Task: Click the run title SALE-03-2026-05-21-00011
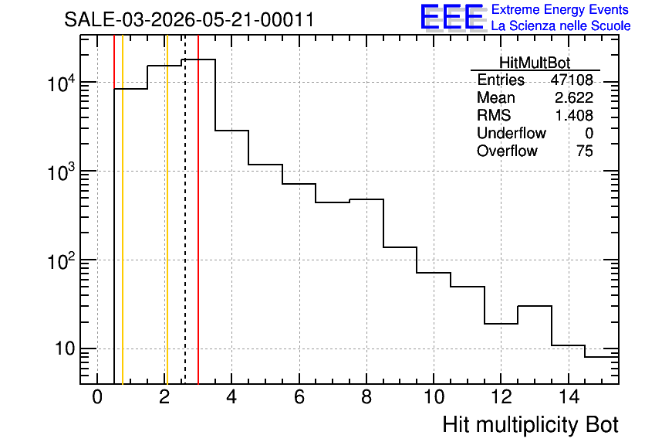coord(189,20)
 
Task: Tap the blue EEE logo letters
coord(451,17)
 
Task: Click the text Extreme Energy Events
coord(560,9)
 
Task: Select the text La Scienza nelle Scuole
coord(561,26)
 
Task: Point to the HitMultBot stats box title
coord(535,63)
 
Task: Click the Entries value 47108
coord(572,80)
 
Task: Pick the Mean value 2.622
coord(574,97)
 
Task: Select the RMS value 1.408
coord(574,115)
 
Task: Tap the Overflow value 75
coord(585,151)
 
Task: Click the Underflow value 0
coord(589,133)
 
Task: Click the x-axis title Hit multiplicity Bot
coord(531,425)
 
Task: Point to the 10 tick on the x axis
coord(434,397)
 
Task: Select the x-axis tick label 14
coord(569,397)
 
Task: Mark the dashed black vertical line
coord(184,209)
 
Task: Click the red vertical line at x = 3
coord(198,209)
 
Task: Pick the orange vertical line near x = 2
coord(167,209)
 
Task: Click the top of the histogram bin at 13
coord(535,306)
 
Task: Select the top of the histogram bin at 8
coord(366,199)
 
